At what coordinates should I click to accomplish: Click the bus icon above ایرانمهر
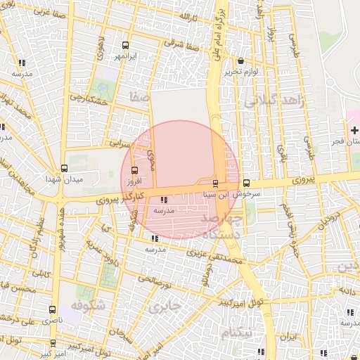click(126, 44)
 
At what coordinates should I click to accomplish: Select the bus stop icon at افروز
click(134, 169)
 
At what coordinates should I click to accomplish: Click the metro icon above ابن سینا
click(215, 184)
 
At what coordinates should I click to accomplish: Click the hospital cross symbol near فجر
click(354, 130)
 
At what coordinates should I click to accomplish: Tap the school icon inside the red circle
click(165, 200)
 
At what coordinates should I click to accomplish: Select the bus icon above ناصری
click(53, 309)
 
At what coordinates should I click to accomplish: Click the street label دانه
click(348, 290)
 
